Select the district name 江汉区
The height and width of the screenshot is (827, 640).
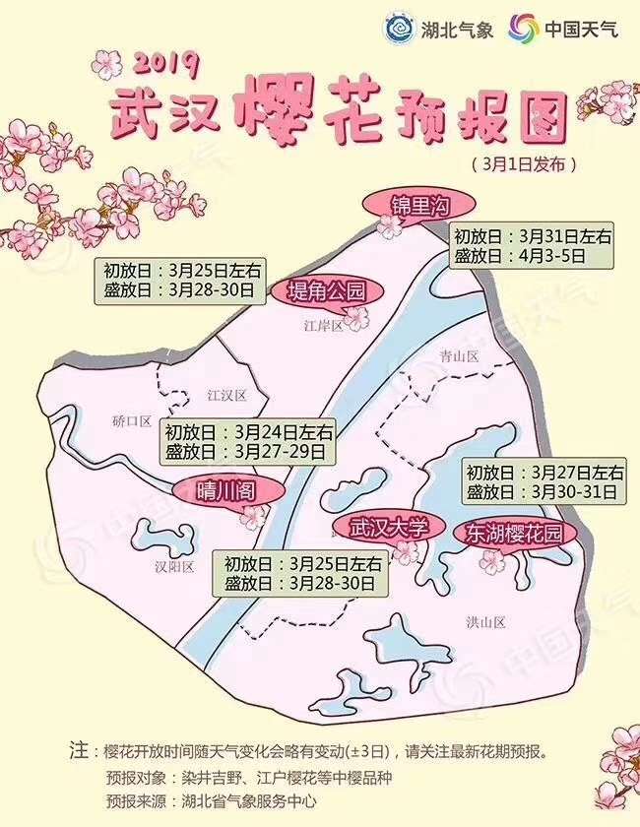[x=225, y=396]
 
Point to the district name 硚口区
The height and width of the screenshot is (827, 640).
[x=132, y=421]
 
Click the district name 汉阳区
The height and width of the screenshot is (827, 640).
[x=174, y=566]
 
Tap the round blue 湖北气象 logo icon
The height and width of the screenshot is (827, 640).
[x=399, y=28]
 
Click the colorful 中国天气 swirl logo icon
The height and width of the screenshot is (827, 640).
[x=523, y=28]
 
